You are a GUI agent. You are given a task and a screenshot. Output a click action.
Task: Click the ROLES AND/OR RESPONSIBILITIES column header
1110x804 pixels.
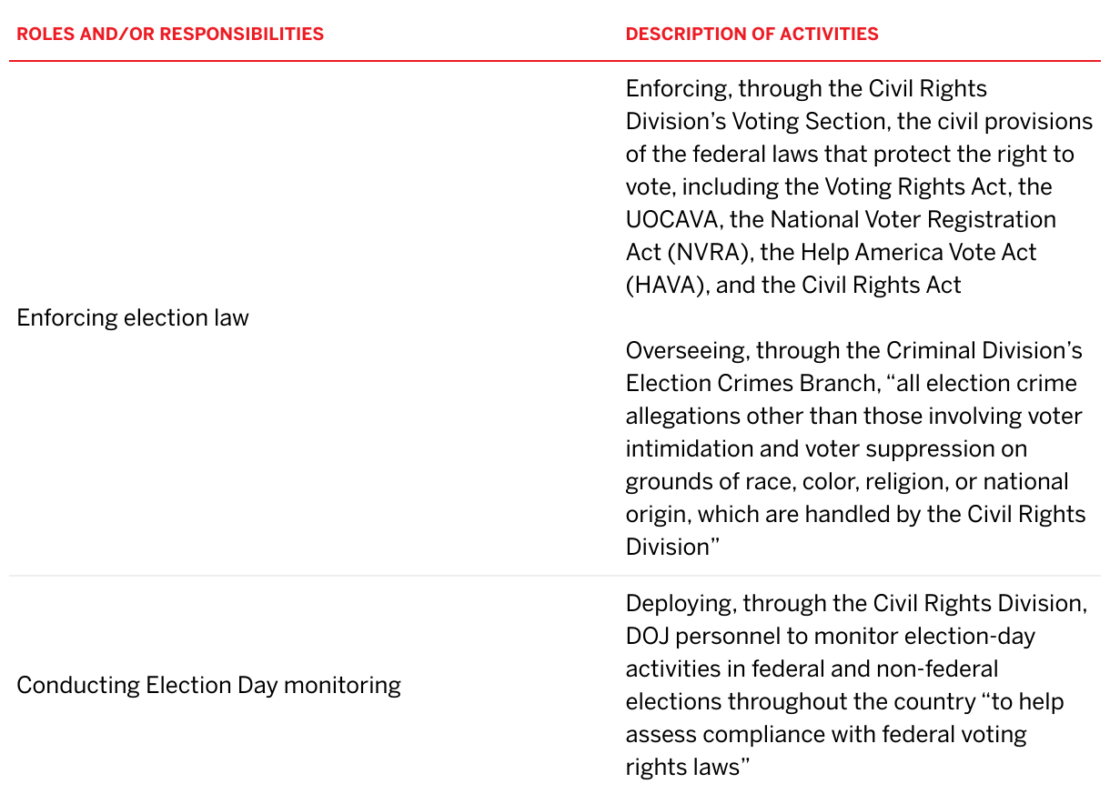(x=170, y=35)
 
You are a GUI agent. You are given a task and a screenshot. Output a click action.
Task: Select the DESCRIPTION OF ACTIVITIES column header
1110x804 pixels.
(x=752, y=35)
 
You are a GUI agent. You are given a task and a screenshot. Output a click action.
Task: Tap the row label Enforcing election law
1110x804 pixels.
(x=133, y=317)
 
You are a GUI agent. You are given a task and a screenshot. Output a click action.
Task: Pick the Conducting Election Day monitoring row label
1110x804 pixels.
(x=208, y=685)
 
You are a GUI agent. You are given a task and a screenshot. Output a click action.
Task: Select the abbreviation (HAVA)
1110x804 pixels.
(x=667, y=285)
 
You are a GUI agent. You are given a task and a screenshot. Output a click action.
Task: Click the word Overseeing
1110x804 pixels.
(x=687, y=350)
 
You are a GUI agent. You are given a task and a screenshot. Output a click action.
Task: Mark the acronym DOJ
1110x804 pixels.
(x=647, y=636)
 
